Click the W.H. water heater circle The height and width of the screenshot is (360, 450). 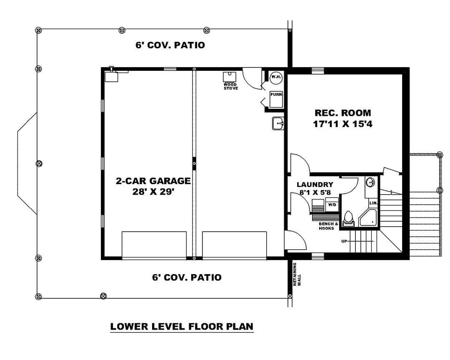pyautogui.click(x=276, y=77)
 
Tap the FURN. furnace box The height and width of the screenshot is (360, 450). pyautogui.click(x=276, y=99)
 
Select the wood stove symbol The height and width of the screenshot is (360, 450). pyautogui.click(x=230, y=77)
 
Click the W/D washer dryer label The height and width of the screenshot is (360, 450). pyautogui.click(x=332, y=205)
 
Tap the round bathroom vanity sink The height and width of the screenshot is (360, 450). pyautogui.click(x=370, y=182)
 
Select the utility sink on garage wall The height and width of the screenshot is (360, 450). pyautogui.click(x=278, y=123)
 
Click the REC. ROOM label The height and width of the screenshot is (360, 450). pyautogui.click(x=342, y=112)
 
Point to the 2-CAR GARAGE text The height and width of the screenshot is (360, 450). pyautogui.click(x=153, y=181)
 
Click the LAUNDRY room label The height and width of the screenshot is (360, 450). pyautogui.click(x=315, y=185)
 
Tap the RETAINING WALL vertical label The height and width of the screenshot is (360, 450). pyautogui.click(x=297, y=274)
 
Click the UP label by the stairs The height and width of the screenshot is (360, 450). pyautogui.click(x=344, y=241)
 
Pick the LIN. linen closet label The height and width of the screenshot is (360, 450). pyautogui.click(x=373, y=203)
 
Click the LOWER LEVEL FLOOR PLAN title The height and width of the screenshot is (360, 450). pyautogui.click(x=182, y=326)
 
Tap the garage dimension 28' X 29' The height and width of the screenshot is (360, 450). pyautogui.click(x=153, y=192)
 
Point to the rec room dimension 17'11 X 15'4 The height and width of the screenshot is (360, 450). pyautogui.click(x=342, y=124)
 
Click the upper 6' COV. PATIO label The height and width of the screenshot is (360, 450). pyautogui.click(x=170, y=45)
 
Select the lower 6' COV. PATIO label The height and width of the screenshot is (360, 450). pyautogui.click(x=187, y=277)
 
